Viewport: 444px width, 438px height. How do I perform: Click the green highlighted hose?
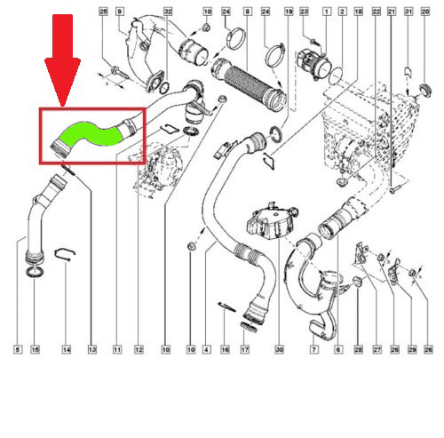(x=91, y=134)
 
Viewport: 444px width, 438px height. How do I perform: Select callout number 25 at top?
(x=103, y=12)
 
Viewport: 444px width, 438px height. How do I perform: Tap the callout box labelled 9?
(x=119, y=12)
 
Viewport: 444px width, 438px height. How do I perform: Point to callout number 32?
(x=168, y=12)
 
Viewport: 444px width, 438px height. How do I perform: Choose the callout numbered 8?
(x=247, y=12)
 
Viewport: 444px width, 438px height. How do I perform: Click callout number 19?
(x=289, y=12)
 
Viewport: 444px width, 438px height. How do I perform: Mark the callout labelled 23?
(x=304, y=12)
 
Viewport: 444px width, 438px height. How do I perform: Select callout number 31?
(x=408, y=12)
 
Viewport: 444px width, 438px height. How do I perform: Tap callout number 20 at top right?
(x=425, y=12)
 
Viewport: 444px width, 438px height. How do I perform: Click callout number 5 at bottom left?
(x=18, y=350)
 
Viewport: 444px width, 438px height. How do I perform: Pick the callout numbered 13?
(x=92, y=350)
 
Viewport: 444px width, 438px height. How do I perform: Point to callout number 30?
(x=279, y=350)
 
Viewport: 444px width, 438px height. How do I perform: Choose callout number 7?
(x=314, y=350)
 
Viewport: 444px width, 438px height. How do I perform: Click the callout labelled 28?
(x=358, y=350)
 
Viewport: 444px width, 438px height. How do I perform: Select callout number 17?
(x=245, y=350)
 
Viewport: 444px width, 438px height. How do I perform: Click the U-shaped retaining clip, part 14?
(x=65, y=254)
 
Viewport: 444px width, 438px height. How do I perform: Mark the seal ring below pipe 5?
(x=36, y=272)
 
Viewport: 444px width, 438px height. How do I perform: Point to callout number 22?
(x=377, y=12)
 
